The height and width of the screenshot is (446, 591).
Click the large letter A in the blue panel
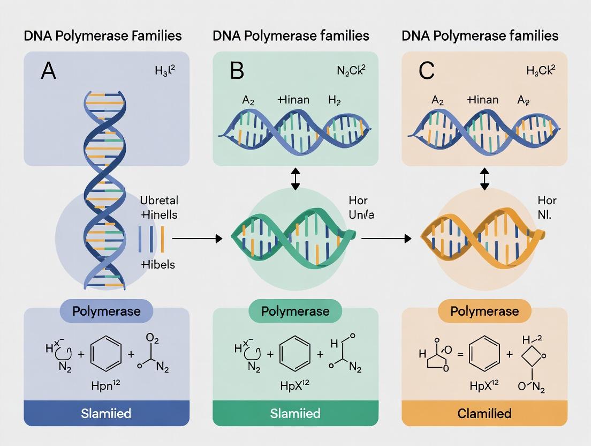click(48, 71)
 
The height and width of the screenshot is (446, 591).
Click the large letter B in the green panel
click(237, 71)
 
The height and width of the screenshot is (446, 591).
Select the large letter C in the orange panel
click(427, 71)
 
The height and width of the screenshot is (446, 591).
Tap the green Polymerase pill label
click(295, 311)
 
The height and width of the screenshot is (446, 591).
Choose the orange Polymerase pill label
click(484, 311)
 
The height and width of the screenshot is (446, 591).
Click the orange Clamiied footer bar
click(484, 413)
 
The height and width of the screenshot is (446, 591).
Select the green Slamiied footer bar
click(295, 413)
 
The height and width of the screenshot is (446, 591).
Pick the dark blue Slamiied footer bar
click(106, 413)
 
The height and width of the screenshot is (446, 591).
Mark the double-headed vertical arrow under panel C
click(484, 179)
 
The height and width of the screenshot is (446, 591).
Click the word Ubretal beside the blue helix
click(159, 200)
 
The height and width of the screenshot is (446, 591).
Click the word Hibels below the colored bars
click(158, 264)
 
